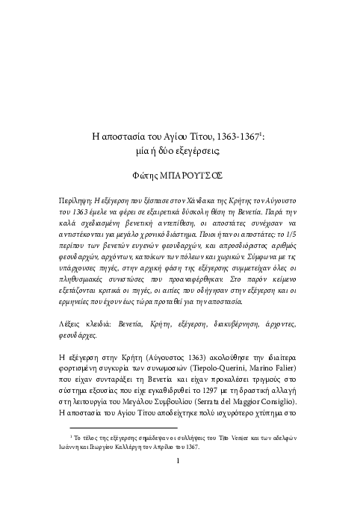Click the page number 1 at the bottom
pyautogui.click(x=179, y=480)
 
